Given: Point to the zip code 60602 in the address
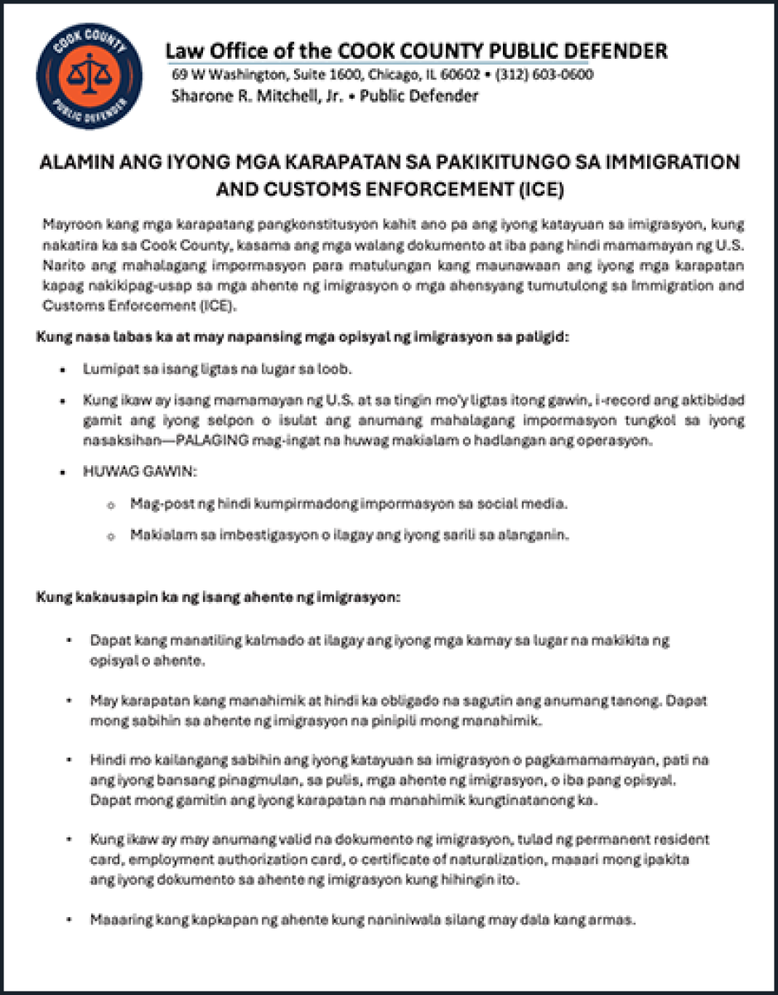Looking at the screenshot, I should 461,75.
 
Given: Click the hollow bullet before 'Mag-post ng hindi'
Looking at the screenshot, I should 110,505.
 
